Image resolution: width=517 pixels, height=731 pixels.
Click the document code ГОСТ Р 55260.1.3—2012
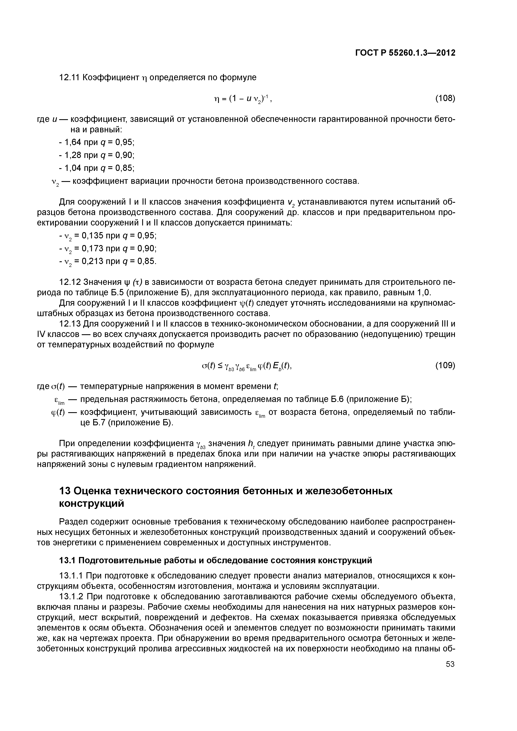[x=405, y=53]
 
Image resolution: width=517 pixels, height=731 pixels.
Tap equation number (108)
[x=445, y=98]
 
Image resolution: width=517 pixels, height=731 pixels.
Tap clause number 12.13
[x=70, y=324]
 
